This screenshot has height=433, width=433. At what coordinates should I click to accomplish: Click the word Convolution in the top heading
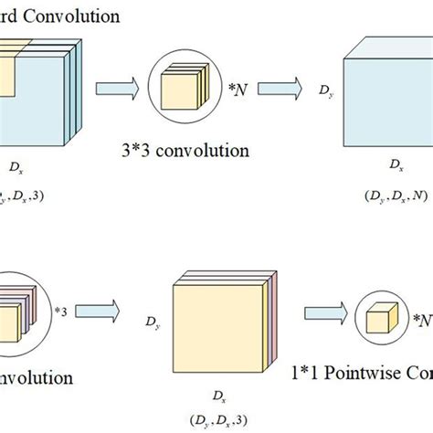(77, 16)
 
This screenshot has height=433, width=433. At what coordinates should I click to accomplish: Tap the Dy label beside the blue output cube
(324, 90)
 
